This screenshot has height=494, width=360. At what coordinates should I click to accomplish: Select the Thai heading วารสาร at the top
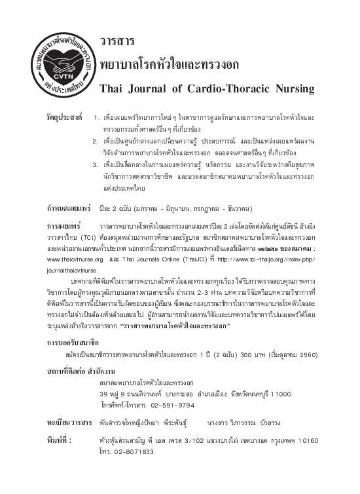click(x=117, y=41)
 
